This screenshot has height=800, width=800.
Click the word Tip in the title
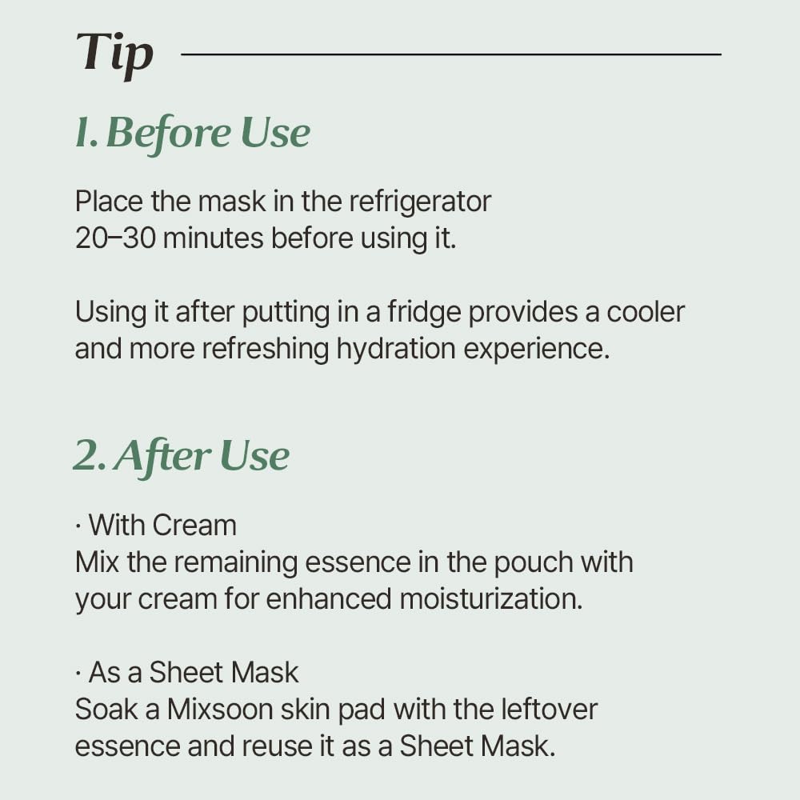point(115,54)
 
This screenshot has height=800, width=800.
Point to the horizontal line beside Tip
point(451,54)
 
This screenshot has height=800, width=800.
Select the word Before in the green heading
point(167,133)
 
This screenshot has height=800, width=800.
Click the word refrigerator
point(420,201)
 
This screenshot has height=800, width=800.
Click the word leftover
point(550,710)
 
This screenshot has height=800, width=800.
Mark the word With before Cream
point(118,526)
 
